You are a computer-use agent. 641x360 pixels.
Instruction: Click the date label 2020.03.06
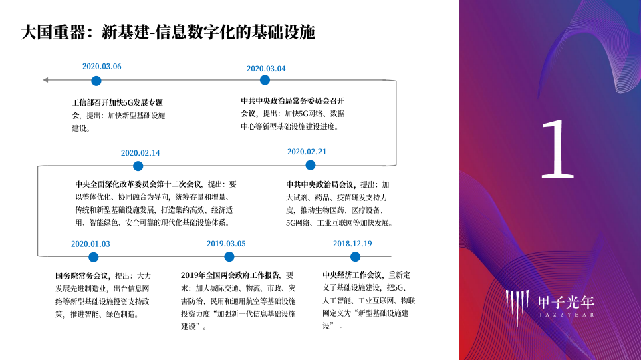[x=102, y=67]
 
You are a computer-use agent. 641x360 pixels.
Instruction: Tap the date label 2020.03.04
[x=266, y=69]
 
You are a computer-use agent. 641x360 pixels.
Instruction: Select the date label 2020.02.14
[x=140, y=153]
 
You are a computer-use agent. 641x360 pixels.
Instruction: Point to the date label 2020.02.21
[x=307, y=152]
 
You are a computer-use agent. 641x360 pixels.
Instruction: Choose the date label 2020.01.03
[x=90, y=244]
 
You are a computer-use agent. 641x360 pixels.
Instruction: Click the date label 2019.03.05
[x=226, y=244]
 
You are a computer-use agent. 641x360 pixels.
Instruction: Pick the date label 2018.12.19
[x=352, y=244]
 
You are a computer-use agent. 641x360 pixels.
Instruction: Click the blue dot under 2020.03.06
[x=96, y=81]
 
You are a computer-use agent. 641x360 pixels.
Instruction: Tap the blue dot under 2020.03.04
[x=265, y=80]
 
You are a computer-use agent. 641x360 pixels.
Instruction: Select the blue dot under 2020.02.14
[x=138, y=166]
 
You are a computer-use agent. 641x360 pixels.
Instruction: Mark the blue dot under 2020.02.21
[x=311, y=165]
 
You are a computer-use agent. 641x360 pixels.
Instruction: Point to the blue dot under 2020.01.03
[x=94, y=257]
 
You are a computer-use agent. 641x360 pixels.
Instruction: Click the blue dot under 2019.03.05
[x=229, y=256]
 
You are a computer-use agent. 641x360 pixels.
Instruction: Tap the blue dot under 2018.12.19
[x=355, y=256]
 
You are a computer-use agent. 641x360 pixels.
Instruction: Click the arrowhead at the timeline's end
[x=45, y=80]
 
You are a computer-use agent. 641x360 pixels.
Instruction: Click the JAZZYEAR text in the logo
[x=566, y=314]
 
